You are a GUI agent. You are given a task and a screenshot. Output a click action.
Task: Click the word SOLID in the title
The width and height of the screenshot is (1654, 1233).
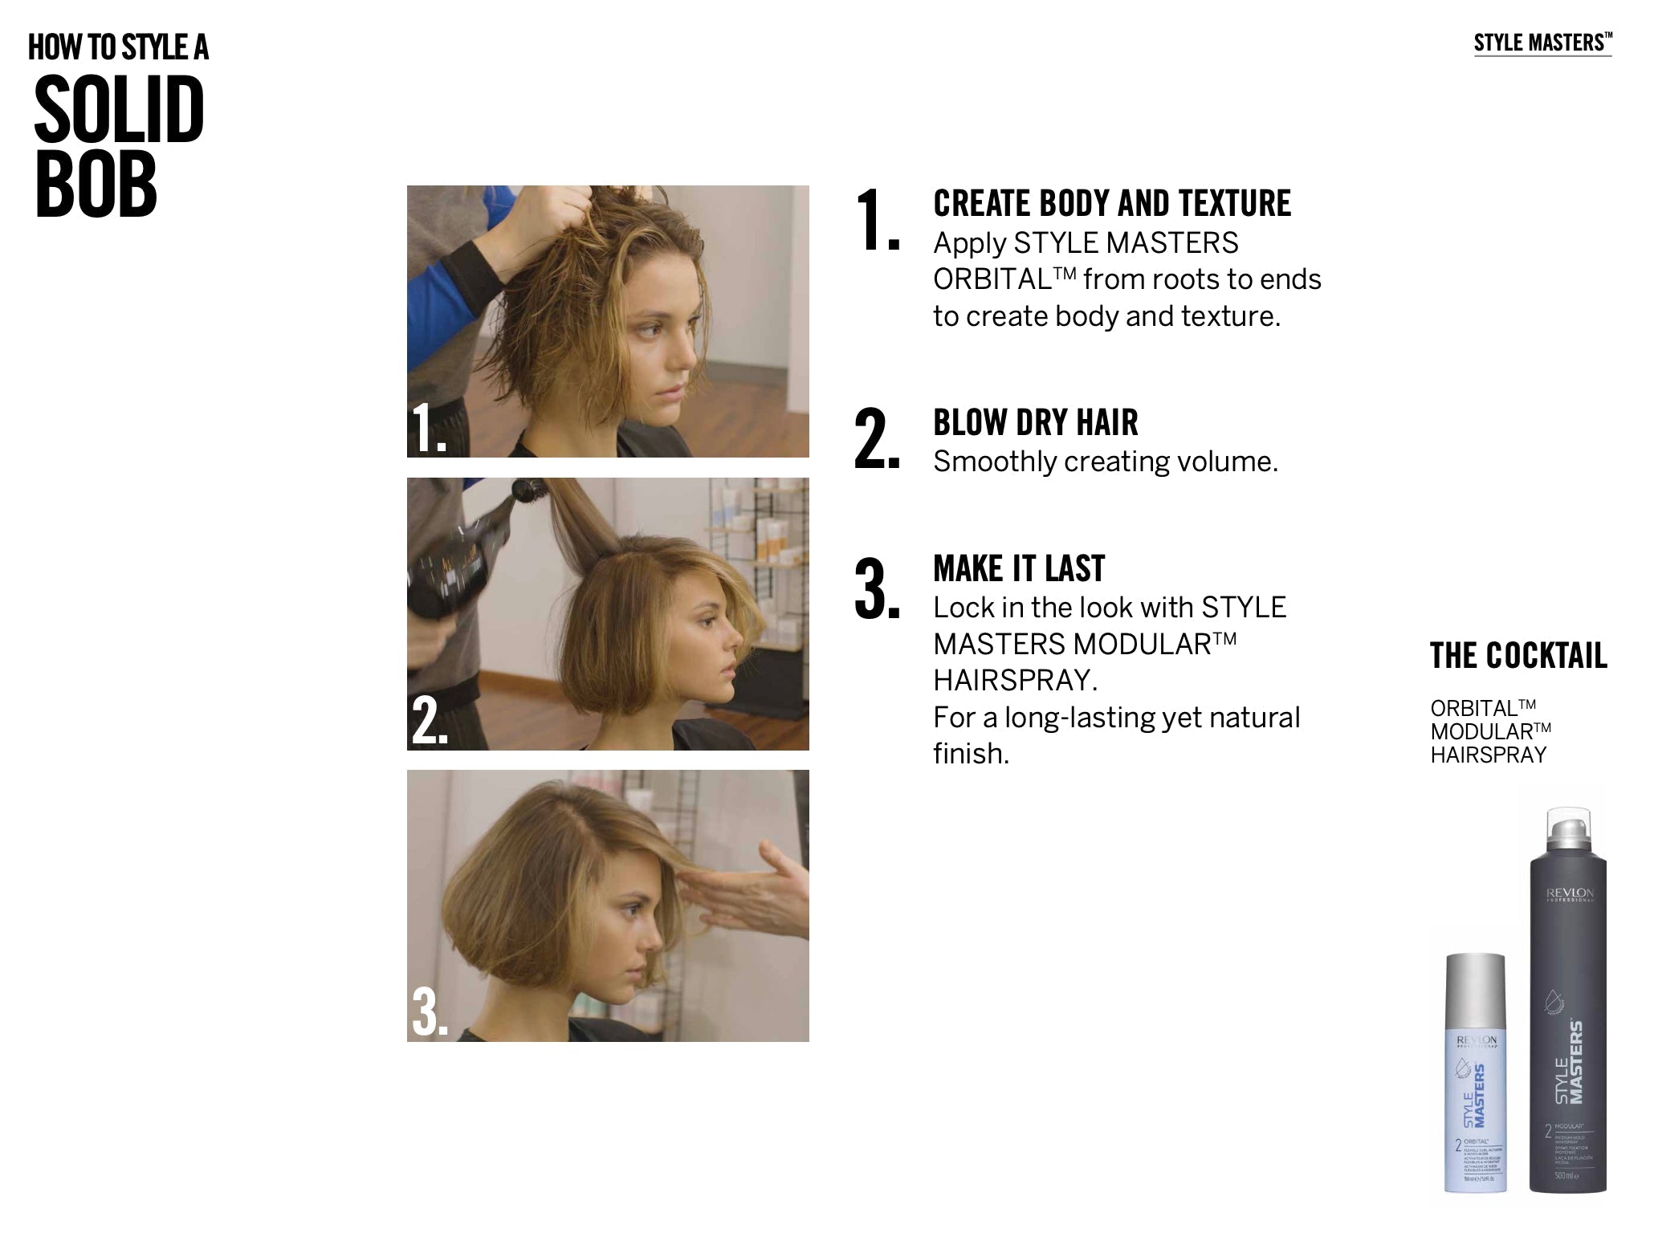pos(119,110)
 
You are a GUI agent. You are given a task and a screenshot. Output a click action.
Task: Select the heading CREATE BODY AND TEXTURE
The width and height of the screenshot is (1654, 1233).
pos(1111,204)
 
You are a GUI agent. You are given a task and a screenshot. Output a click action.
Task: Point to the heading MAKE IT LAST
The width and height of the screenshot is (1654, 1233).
pos(1018,569)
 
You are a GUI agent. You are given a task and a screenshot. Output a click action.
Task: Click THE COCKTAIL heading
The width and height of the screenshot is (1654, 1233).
pos(1518,656)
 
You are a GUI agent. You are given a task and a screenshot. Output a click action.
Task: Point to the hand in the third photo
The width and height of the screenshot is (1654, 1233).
pos(743,890)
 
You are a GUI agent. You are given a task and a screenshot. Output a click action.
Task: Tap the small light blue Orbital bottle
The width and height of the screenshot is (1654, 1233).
pos(1476,1076)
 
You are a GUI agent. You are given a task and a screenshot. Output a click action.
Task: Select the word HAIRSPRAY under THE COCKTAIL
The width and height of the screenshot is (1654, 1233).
pos(1487,755)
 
